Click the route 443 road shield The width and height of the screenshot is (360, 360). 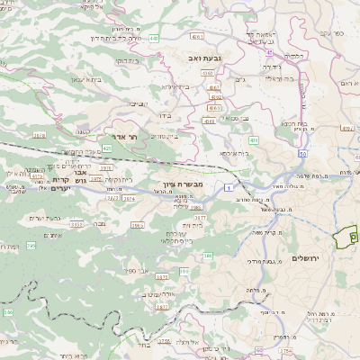click(x=155, y=38)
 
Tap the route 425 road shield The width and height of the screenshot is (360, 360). click(x=107, y=147)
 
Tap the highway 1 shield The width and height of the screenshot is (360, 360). click(x=229, y=186)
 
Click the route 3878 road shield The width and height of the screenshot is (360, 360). click(x=38, y=135)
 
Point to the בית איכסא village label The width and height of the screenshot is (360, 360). click(x=235, y=153)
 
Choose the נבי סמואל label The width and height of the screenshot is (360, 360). click(x=236, y=118)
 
